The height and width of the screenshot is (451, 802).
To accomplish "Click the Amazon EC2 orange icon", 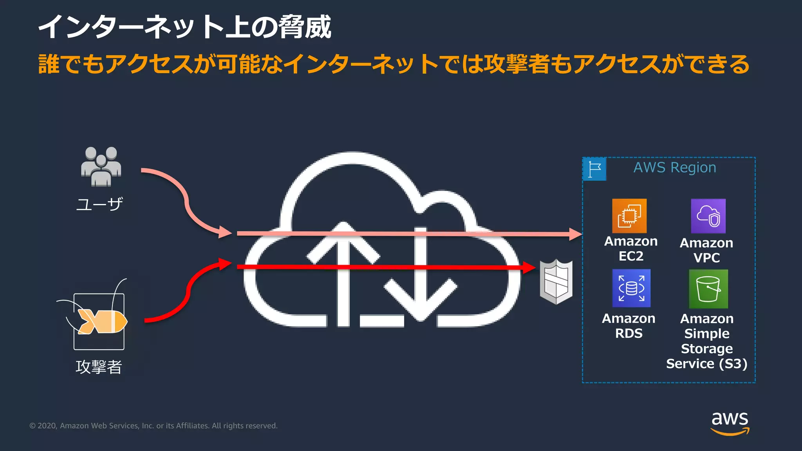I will click(629, 216).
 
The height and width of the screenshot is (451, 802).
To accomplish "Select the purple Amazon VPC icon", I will click(708, 216).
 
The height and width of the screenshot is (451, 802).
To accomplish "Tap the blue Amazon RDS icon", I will click(631, 288).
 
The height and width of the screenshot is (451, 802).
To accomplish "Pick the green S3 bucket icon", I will click(708, 289).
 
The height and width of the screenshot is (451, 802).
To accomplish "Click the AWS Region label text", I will click(675, 168).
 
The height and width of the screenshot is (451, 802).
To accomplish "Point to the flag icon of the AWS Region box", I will click(594, 169).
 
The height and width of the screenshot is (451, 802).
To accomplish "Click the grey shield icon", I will click(556, 281).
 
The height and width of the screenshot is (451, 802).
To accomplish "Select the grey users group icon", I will click(101, 166).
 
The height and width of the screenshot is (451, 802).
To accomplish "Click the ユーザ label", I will click(99, 204).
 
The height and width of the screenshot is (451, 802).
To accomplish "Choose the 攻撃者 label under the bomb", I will click(99, 367).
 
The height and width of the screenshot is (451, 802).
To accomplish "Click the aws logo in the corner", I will click(730, 423).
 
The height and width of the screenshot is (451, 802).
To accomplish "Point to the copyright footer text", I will click(154, 426).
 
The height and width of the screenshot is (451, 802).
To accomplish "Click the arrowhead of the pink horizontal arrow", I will click(575, 234).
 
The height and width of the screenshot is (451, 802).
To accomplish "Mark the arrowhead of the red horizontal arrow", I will click(529, 267).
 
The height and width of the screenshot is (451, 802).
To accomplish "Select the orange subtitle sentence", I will click(394, 64).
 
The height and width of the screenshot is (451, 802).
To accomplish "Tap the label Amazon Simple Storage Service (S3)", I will click(707, 341).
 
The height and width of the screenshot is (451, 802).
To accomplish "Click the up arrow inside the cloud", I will click(343, 274).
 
